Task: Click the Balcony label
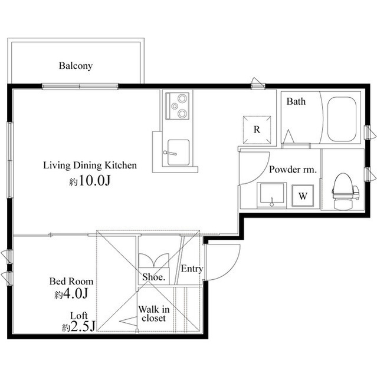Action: (76, 66)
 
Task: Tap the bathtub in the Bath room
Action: (342, 120)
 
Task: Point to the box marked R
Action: (257, 129)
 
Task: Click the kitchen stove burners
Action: (177, 106)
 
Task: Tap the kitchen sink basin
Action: (178, 153)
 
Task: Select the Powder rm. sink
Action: (272, 194)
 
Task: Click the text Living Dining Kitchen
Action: (90, 166)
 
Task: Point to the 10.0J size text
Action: (90, 181)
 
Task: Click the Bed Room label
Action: (71, 282)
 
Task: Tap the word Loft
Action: (79, 315)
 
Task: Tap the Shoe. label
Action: (153, 277)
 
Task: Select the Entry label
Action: (192, 269)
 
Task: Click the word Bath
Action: (296, 101)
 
